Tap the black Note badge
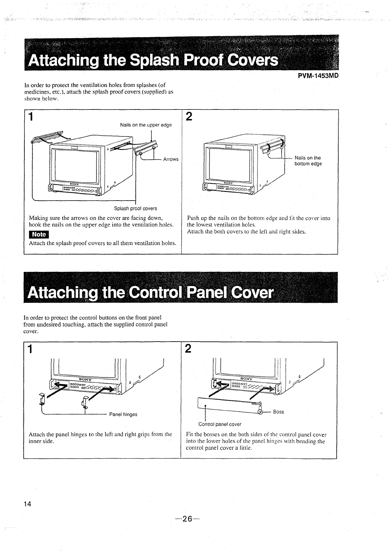pyautogui.click(x=39, y=234)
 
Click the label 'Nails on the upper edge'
pyautogui.click(x=146, y=125)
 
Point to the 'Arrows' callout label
pyautogui.click(x=171, y=159)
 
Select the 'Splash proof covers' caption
pyautogui.click(x=135, y=208)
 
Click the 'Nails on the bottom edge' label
pyautogui.click(x=308, y=161)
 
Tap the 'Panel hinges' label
pyautogui.click(x=123, y=414)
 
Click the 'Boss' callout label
pyautogui.click(x=278, y=412)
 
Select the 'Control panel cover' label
pyautogui.click(x=220, y=424)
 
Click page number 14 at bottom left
pyautogui.click(x=27, y=504)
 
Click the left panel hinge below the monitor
pyautogui.click(x=42, y=399)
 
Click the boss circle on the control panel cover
pyautogui.click(x=260, y=411)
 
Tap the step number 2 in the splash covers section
pyautogui.click(x=189, y=117)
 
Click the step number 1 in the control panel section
pyautogui.click(x=31, y=349)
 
